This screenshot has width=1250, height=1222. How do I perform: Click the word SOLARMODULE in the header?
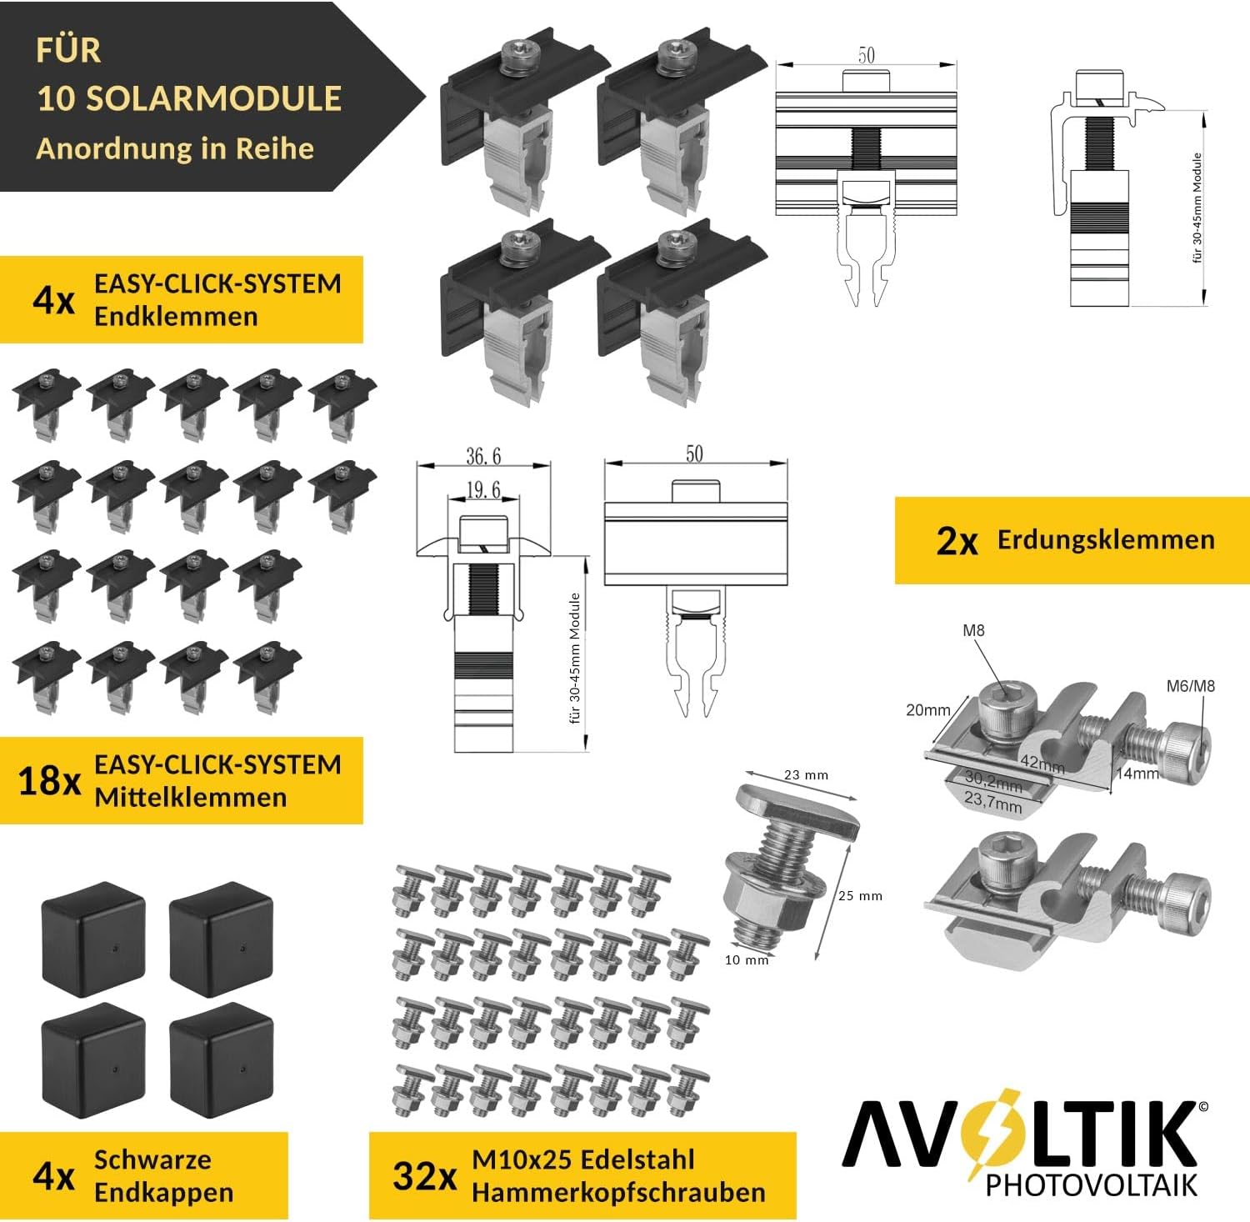[x=214, y=98]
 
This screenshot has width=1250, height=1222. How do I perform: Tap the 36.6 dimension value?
[x=483, y=456]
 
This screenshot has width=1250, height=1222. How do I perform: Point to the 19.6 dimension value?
[x=483, y=489]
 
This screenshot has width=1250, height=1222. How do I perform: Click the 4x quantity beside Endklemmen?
[x=54, y=300]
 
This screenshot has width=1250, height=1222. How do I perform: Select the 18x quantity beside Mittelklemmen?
[x=49, y=781]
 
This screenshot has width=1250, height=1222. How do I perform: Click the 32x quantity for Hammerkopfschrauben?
[x=425, y=1176]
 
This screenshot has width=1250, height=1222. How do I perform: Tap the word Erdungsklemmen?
[x=1106, y=539]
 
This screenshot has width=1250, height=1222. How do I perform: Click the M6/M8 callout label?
[x=1190, y=686]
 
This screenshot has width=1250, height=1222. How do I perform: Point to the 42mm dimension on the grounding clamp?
[x=1042, y=764]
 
